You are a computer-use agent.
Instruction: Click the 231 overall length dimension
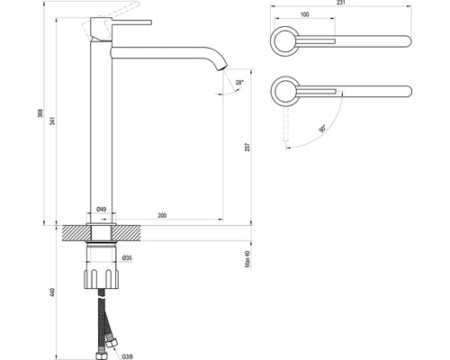tap(341, 3)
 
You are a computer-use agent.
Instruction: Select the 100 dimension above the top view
tap(304, 14)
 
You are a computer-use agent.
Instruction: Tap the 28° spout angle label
tap(239, 82)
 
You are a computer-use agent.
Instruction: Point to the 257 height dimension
tap(247, 147)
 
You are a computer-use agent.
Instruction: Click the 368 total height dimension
tap(40, 112)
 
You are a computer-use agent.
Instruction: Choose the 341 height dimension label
tap(53, 121)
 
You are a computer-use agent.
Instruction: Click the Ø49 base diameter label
tap(102, 210)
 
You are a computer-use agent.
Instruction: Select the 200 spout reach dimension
tap(162, 215)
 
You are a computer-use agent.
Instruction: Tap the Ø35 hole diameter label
tap(127, 257)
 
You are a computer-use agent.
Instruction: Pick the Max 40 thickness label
tap(247, 259)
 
